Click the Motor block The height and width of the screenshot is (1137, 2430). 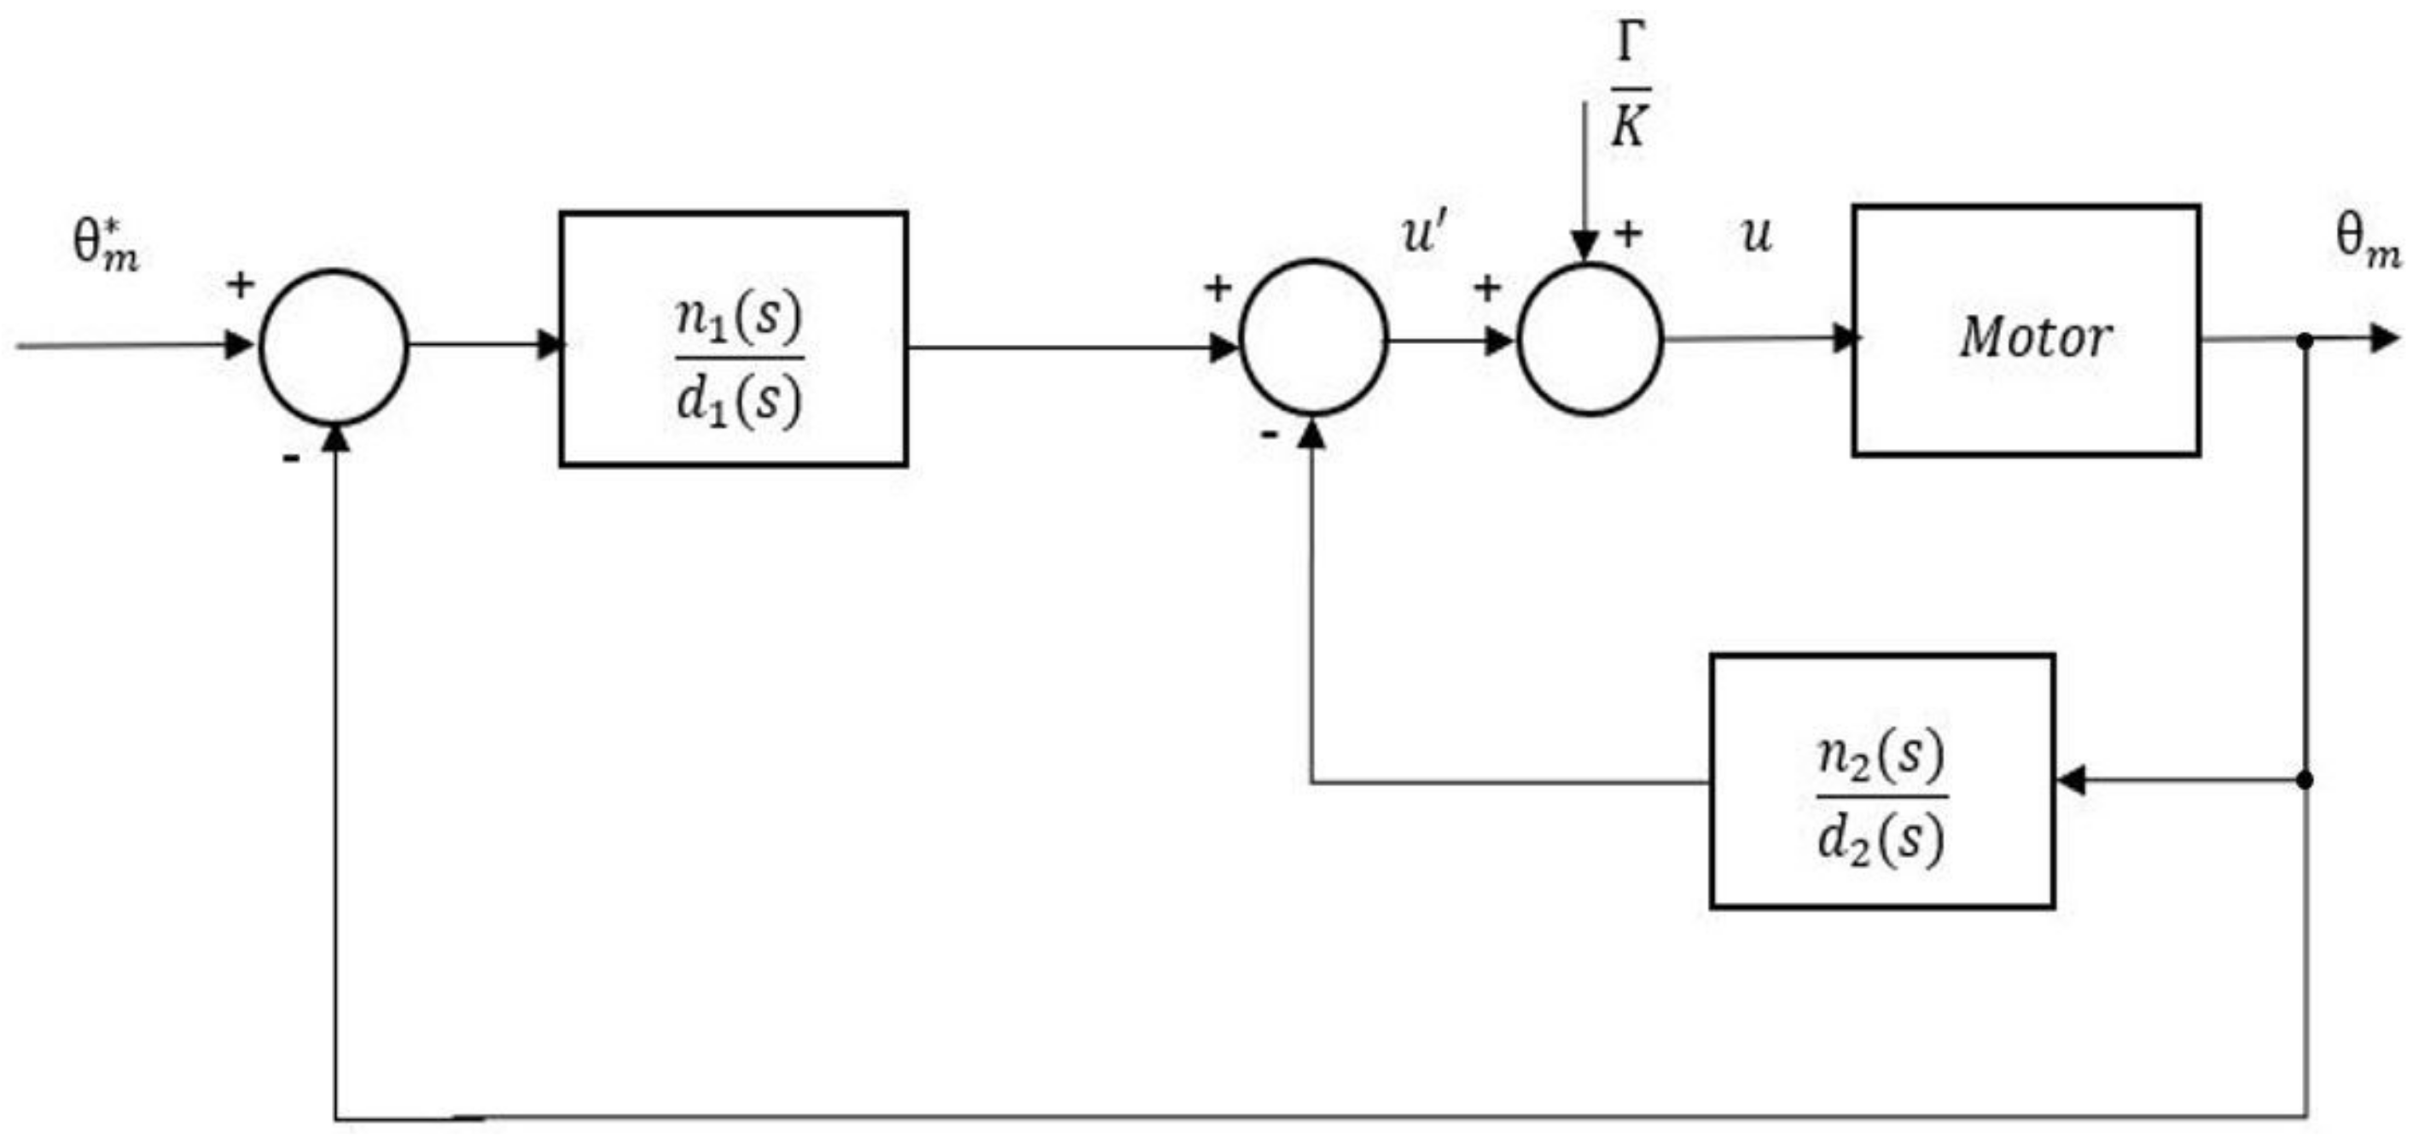pyautogui.click(x=2026, y=331)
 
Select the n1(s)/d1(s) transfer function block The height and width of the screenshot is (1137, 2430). pyautogui.click(x=733, y=340)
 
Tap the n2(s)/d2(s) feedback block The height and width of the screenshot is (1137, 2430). pyautogui.click(x=1881, y=780)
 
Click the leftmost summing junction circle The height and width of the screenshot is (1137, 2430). pyautogui.click(x=333, y=347)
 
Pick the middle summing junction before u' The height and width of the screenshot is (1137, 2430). pyautogui.click(x=1312, y=338)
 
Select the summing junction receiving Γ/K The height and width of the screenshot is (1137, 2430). pyautogui.click(x=1590, y=339)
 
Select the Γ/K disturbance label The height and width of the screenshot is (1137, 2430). pyautogui.click(x=1629, y=87)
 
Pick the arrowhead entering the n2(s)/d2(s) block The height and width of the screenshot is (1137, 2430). pyautogui.click(x=2070, y=780)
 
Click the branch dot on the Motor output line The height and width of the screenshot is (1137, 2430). pyautogui.click(x=2304, y=341)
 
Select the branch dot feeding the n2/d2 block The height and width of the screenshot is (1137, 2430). pyautogui.click(x=2304, y=780)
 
